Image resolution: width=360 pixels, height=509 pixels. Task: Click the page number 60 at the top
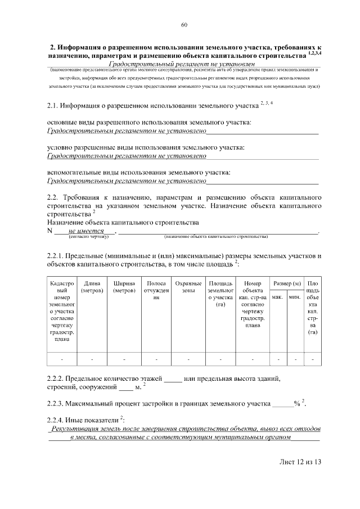point(184,25)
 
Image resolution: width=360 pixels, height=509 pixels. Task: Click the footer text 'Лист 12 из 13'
point(300,462)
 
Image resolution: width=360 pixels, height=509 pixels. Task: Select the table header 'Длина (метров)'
point(92,287)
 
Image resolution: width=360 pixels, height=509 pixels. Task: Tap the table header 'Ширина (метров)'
point(124,287)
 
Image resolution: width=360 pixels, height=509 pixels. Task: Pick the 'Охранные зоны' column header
point(188,287)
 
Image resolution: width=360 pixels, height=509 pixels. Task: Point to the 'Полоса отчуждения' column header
point(156,290)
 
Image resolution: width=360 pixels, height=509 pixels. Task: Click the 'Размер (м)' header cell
point(286,283)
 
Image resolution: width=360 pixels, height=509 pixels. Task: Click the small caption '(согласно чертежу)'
point(84,237)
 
